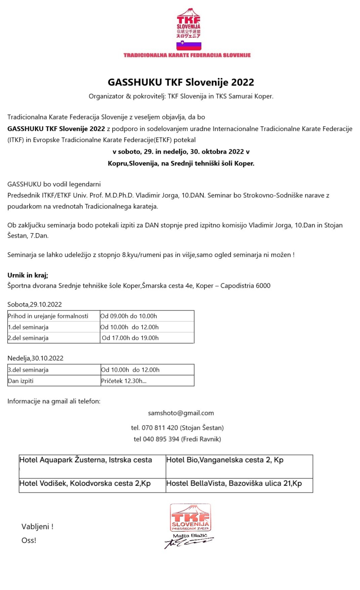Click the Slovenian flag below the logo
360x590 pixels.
pos(189,45)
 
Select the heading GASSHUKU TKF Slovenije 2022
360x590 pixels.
pos(181,82)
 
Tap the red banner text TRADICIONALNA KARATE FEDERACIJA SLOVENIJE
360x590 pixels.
pos(187,55)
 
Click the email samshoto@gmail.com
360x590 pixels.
pos(181,413)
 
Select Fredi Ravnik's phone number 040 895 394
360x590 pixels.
pos(161,439)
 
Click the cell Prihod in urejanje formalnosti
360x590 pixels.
pos(48,316)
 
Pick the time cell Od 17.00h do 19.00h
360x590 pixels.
pos(130,338)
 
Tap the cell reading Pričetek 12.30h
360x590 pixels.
pos(124,381)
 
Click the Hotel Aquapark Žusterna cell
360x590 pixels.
pos(86,460)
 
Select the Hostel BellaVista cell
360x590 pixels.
pos(234,484)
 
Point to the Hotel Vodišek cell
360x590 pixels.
pos(85,484)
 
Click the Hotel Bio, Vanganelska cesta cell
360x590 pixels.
pos(225,460)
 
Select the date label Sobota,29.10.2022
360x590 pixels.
pos(35,305)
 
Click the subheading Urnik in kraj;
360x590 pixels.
pos(28,275)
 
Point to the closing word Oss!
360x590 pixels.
pos(29,540)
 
